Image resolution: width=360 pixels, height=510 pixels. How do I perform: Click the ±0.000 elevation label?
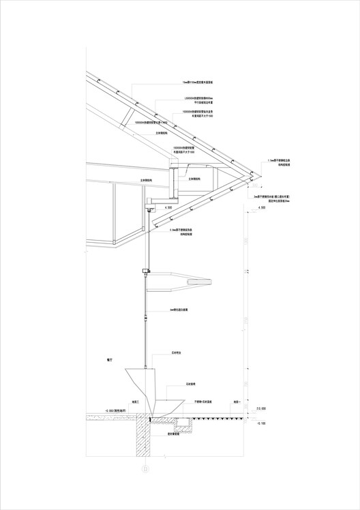tap(260, 409)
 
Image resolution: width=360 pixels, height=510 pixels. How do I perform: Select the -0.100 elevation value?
tap(260, 423)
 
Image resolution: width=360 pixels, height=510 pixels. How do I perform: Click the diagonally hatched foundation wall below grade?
tap(142, 436)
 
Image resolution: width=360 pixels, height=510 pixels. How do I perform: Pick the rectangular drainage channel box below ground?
tap(183, 424)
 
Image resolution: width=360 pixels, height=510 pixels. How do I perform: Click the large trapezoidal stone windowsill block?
tap(144, 385)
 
